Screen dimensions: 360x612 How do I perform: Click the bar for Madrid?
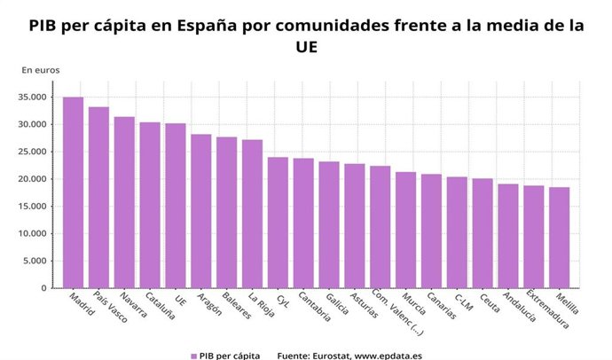point(73,192)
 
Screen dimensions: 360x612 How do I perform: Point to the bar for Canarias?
point(431,231)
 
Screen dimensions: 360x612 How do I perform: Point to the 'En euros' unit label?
point(41,69)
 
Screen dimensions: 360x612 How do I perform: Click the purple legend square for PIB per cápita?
point(193,355)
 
